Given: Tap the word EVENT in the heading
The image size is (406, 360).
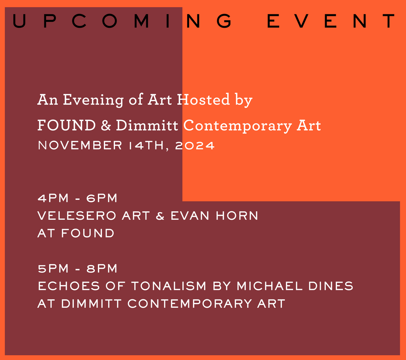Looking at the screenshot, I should [331, 21].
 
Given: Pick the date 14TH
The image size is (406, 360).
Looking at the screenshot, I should [149, 146].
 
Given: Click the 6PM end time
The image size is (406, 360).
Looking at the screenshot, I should [102, 197].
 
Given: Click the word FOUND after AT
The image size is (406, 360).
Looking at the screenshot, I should [88, 233].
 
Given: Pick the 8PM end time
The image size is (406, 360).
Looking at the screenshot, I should [102, 268].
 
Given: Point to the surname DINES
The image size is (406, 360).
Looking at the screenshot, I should [332, 286].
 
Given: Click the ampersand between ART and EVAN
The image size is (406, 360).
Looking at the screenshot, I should [160, 216].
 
